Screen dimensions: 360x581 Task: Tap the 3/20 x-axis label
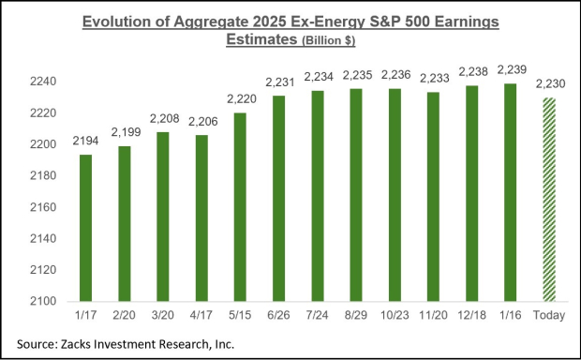pyautogui.click(x=163, y=317)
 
